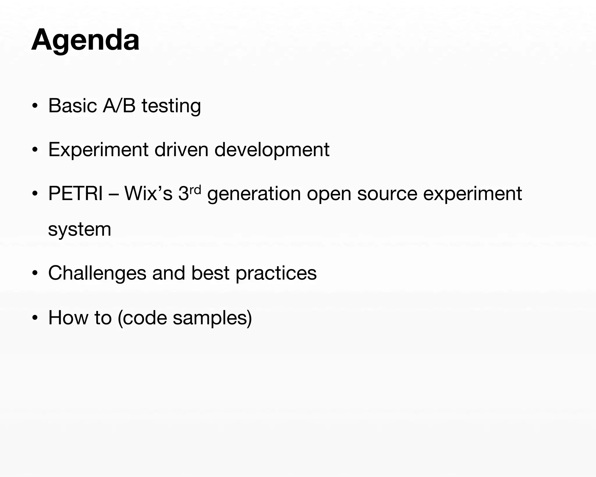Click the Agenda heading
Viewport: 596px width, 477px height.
85,40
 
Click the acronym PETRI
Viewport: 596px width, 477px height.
75,193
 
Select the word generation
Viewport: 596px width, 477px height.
254,194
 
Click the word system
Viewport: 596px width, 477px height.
79,229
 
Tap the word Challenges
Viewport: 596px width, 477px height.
97,273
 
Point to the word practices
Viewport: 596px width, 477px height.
276,273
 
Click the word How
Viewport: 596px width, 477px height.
68,317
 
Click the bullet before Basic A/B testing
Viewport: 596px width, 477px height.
35,106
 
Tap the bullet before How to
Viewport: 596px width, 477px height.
35,318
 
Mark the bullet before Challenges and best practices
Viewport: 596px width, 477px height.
35,273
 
